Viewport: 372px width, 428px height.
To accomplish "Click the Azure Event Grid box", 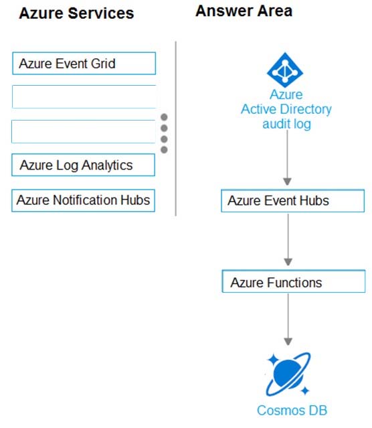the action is tap(84, 64).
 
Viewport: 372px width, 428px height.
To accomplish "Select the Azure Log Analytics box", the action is tap(84, 165).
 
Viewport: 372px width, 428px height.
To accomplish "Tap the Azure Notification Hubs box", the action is tap(84, 200).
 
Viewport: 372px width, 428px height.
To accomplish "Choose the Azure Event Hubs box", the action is tap(292, 201).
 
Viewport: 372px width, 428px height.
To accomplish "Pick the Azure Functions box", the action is tap(294, 281).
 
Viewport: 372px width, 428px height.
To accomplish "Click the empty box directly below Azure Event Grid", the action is tap(84, 96).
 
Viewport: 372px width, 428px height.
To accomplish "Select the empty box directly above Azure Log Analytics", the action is tap(84, 131).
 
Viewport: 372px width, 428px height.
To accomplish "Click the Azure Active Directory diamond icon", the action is tap(285, 70).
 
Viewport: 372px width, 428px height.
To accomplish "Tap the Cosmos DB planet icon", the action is tap(288, 374).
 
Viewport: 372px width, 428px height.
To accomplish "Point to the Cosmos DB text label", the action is tap(292, 411).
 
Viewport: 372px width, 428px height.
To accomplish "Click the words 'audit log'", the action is tap(286, 124).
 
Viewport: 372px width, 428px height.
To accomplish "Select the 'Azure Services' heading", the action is tap(76, 13).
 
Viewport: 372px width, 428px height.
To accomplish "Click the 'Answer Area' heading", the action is tap(244, 11).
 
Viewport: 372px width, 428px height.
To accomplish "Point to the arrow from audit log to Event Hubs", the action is tap(287, 158).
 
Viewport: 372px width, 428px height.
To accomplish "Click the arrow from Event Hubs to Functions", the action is tap(288, 240).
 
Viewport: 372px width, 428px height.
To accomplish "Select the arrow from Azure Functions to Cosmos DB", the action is tap(288, 319).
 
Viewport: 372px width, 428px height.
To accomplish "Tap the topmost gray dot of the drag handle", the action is tap(164, 117).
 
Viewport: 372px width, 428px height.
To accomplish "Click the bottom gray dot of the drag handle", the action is tap(164, 149).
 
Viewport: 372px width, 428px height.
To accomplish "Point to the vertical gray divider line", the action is tap(176, 129).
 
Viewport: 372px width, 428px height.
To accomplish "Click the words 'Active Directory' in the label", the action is tap(286, 109).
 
